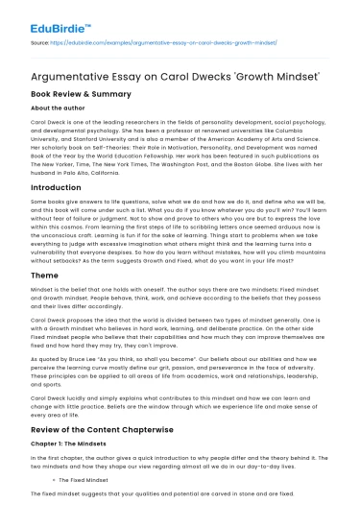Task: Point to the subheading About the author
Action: click(x=57, y=109)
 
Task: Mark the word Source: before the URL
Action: click(x=40, y=44)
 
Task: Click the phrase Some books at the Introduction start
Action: click(x=46, y=205)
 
